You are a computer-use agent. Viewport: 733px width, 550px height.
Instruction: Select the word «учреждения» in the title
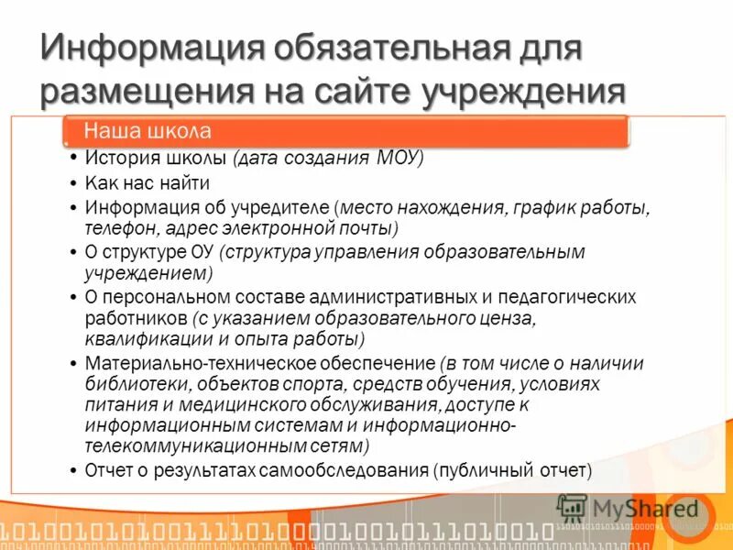tap(523, 92)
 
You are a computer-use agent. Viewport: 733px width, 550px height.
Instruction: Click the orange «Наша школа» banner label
tap(148, 131)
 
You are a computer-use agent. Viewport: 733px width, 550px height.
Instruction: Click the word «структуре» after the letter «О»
tap(143, 252)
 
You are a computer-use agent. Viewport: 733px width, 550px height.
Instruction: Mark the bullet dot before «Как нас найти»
tap(73, 182)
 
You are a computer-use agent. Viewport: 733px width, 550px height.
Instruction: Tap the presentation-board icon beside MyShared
tap(573, 508)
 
